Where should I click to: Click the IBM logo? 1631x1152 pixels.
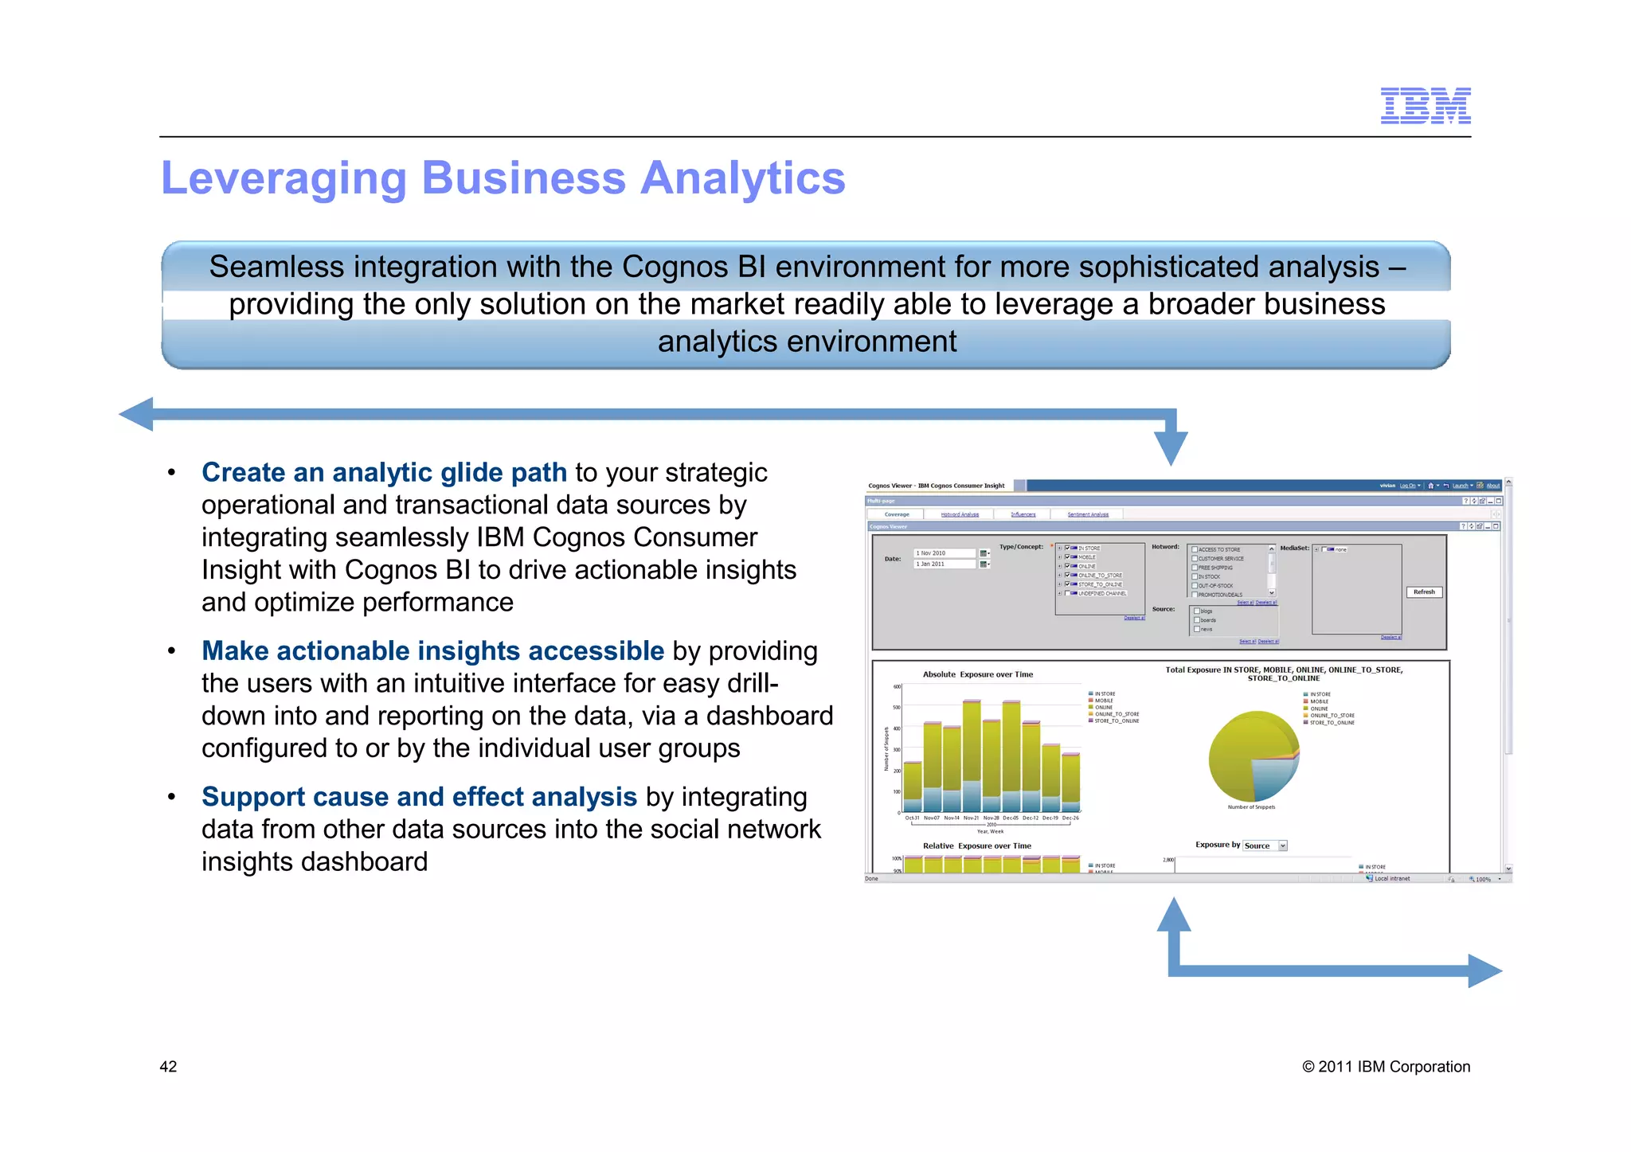[1425, 106]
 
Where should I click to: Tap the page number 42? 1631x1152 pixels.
[168, 1067]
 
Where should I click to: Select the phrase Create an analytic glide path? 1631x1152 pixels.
[384, 472]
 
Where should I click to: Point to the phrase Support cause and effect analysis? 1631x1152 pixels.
[419, 797]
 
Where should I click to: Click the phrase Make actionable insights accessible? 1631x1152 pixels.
[432, 650]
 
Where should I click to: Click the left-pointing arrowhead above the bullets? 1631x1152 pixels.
[137, 414]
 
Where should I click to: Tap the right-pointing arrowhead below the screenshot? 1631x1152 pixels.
[1484, 970]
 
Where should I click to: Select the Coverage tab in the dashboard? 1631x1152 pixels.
[897, 514]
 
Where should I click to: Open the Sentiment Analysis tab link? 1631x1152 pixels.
[1087, 514]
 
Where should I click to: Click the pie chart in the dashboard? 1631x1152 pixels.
[1253, 757]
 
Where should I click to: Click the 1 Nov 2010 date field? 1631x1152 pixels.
[944, 553]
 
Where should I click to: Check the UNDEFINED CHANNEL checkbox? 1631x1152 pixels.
[1068, 593]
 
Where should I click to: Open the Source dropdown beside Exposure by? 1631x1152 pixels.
[1282, 845]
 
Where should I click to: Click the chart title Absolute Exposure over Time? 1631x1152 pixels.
[977, 674]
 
